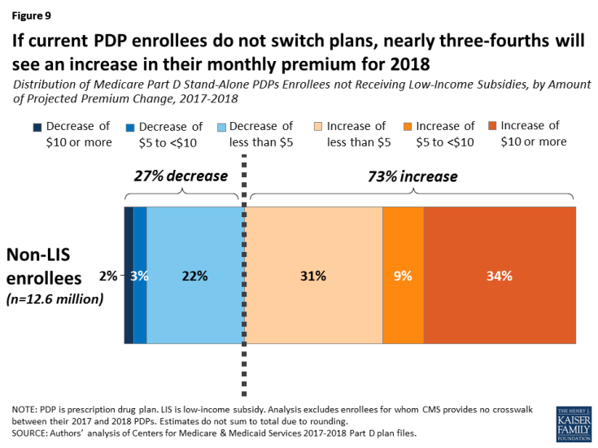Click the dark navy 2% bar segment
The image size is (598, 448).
coord(129,275)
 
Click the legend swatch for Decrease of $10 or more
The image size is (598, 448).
coord(37,128)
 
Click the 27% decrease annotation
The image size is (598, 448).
coord(181,176)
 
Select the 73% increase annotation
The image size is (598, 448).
coord(412,176)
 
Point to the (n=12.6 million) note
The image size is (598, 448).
coord(56,298)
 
